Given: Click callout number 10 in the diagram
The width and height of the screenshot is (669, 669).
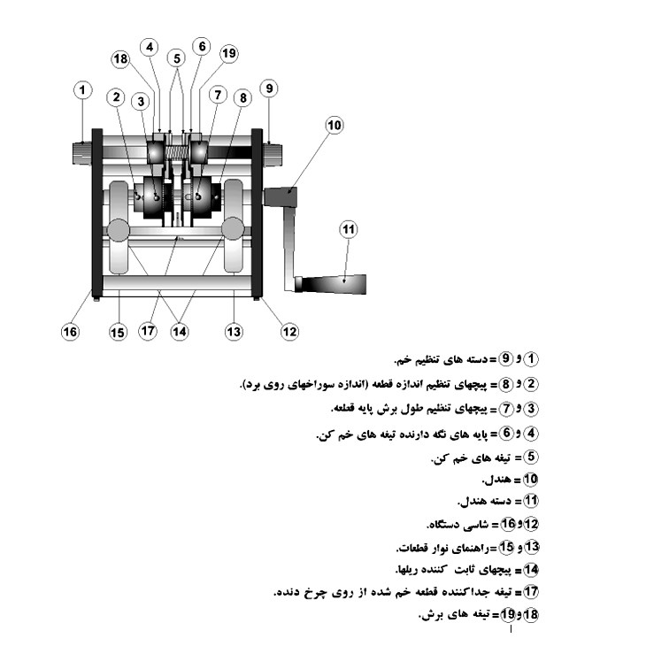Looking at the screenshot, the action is pyautogui.click(x=334, y=126).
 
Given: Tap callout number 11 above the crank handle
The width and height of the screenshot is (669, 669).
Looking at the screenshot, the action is pyautogui.click(x=349, y=229).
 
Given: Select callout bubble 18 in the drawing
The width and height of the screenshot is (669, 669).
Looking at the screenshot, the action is pyautogui.click(x=120, y=59).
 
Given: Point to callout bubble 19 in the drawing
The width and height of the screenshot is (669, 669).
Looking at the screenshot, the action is pyautogui.click(x=229, y=53).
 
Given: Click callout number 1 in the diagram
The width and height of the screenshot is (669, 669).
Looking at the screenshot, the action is pyautogui.click(x=83, y=90).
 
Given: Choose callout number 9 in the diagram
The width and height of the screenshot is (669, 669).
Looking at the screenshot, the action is pyautogui.click(x=269, y=88).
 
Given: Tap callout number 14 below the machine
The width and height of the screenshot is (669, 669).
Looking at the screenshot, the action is pyautogui.click(x=179, y=332).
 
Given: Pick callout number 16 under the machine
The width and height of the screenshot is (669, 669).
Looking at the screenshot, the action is pyautogui.click(x=70, y=332).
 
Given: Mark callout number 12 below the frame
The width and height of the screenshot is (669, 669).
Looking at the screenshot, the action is pyautogui.click(x=289, y=332).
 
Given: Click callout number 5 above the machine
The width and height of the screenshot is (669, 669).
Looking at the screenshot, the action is pyautogui.click(x=176, y=58).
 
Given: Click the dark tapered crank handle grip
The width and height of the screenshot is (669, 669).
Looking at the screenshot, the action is pyautogui.click(x=332, y=284).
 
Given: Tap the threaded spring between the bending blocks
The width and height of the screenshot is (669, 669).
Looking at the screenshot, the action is pyautogui.click(x=177, y=153).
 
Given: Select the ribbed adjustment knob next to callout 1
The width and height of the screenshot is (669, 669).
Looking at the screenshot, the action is pyautogui.click(x=81, y=154).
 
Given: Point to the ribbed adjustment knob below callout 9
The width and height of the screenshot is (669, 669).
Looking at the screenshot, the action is pyautogui.click(x=273, y=154).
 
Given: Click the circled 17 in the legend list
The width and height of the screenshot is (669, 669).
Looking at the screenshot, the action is pyautogui.click(x=531, y=592).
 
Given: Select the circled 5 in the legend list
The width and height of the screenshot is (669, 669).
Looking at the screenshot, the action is pyautogui.click(x=531, y=457).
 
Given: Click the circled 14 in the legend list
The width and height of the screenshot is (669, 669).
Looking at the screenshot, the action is pyautogui.click(x=531, y=570).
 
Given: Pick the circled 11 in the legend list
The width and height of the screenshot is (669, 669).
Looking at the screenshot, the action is pyautogui.click(x=531, y=500).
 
